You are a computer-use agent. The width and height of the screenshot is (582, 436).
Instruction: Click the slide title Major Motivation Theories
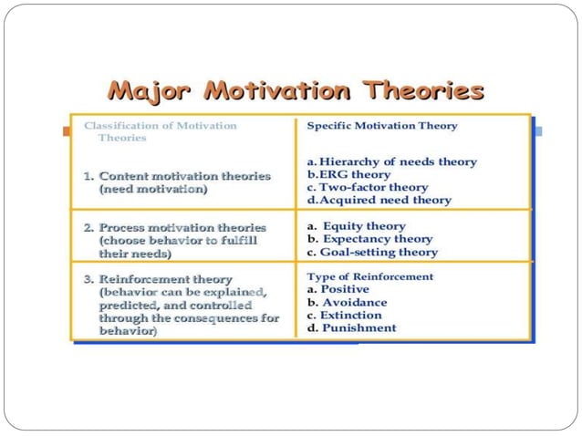pyautogui.click(x=294, y=91)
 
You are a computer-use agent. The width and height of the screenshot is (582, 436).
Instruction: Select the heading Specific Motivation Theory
pyautogui.click(x=382, y=126)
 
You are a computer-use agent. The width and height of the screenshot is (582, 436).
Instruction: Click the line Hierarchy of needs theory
pyautogui.click(x=391, y=161)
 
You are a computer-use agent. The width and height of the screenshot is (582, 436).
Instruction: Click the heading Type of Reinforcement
pyautogui.click(x=370, y=276)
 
